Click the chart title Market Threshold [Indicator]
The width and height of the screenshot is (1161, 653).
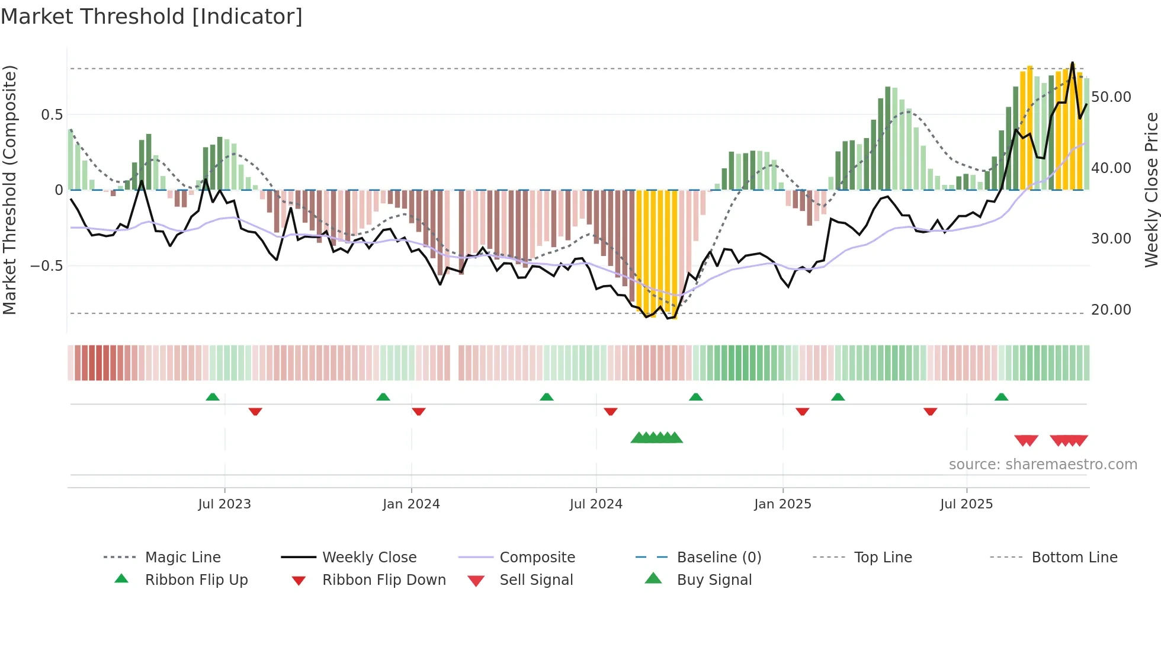click(152, 17)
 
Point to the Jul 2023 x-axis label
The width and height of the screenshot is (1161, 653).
click(224, 504)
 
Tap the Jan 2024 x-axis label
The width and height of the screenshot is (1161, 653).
click(411, 504)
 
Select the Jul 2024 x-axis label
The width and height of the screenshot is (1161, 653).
click(596, 504)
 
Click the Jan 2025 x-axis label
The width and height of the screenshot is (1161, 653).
click(782, 504)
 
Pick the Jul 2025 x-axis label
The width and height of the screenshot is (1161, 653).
click(966, 504)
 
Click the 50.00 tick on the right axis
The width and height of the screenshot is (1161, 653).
click(1111, 97)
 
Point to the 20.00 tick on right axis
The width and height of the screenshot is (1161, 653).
click(1111, 310)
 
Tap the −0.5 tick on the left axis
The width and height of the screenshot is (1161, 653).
click(47, 266)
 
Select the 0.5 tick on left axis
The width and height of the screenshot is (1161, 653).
click(52, 115)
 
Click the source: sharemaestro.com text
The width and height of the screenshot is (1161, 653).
click(1043, 465)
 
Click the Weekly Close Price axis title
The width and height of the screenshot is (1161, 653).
click(1151, 190)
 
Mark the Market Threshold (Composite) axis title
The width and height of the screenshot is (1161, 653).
click(9, 190)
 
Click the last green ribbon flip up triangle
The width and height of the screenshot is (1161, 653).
click(1001, 397)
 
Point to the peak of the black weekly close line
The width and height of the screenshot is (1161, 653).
click(1072, 62)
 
